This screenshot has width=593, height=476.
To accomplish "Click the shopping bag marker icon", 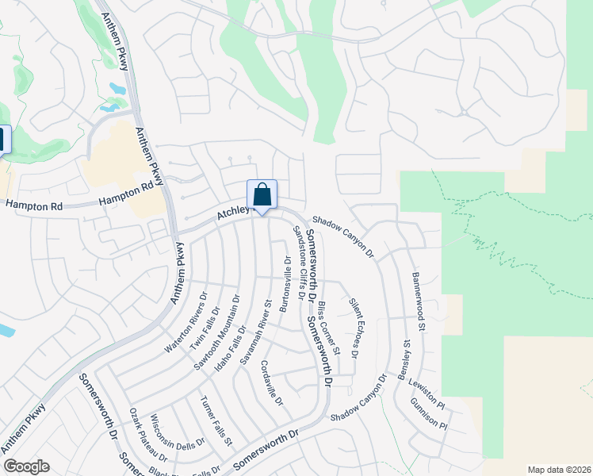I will (262, 195).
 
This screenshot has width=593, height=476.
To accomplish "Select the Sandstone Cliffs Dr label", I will (300, 262).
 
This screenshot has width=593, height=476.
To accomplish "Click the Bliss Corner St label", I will (328, 327).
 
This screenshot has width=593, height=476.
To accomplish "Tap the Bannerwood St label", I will (419, 302).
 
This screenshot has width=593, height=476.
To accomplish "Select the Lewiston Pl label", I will (427, 391).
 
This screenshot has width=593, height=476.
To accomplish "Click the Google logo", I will (26, 466).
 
